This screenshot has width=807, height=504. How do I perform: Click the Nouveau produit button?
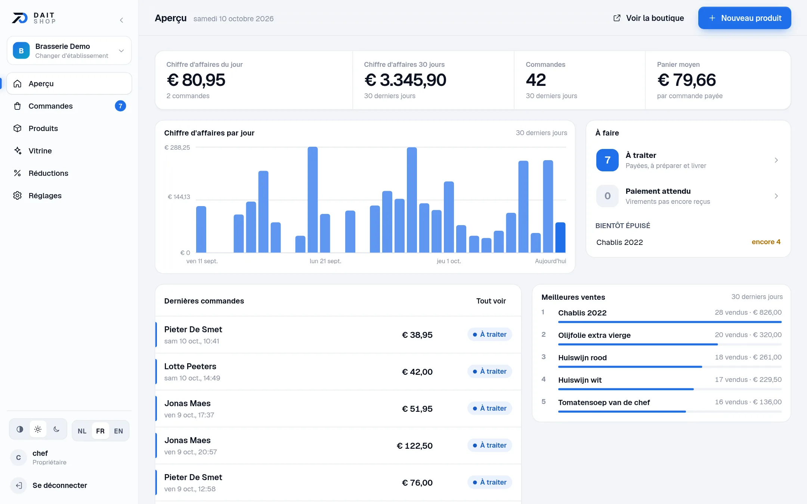(744, 18)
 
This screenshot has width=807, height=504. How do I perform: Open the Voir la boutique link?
(649, 18)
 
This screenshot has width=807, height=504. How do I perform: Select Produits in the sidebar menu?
(43, 128)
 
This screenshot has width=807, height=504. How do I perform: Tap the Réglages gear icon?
(18, 196)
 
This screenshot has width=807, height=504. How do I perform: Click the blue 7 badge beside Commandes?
(120, 106)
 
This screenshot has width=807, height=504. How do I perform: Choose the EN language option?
(118, 431)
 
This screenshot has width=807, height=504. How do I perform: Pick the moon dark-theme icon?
(56, 429)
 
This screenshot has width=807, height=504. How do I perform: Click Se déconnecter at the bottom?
(60, 485)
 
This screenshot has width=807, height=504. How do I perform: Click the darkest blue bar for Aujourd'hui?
(560, 237)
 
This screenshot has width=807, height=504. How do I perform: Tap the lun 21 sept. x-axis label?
(325, 261)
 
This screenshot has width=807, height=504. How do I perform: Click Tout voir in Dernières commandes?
(491, 301)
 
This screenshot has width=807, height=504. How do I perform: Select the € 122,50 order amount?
(415, 446)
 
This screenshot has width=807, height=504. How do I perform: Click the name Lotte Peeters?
(190, 366)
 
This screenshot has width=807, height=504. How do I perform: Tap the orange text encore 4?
(766, 242)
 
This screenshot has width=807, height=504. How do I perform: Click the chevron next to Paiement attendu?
(776, 196)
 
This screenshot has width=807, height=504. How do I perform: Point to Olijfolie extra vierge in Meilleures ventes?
(594, 335)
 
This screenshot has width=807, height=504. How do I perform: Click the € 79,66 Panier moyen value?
(686, 80)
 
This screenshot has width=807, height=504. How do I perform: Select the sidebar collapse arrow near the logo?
(121, 20)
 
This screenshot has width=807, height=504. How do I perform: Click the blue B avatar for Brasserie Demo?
(21, 50)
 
